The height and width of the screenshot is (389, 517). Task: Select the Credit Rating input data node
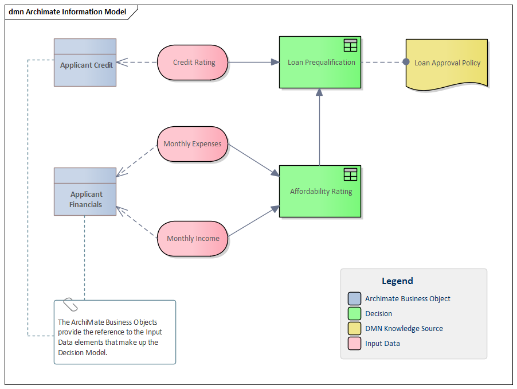point(193,63)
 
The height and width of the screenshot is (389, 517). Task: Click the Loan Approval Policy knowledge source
point(446,63)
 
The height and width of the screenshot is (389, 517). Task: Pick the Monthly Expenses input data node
point(193,144)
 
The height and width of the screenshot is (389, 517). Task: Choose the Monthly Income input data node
point(193,238)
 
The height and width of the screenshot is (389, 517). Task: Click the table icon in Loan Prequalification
point(350,45)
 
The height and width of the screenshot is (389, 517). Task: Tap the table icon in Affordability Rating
point(350,174)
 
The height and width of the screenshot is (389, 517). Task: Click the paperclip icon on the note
point(70,305)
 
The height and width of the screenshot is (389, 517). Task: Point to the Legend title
point(397,281)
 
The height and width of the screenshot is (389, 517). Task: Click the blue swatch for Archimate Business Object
point(354,299)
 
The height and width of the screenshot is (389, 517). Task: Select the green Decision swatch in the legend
point(354,314)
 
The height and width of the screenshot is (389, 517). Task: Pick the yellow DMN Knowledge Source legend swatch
point(354,329)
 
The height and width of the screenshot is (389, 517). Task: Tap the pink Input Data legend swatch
point(354,344)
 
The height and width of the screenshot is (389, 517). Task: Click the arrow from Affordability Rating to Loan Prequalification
point(319,126)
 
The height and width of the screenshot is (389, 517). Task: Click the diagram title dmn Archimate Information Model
point(67,12)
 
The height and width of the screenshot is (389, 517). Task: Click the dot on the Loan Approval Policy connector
point(406,62)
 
